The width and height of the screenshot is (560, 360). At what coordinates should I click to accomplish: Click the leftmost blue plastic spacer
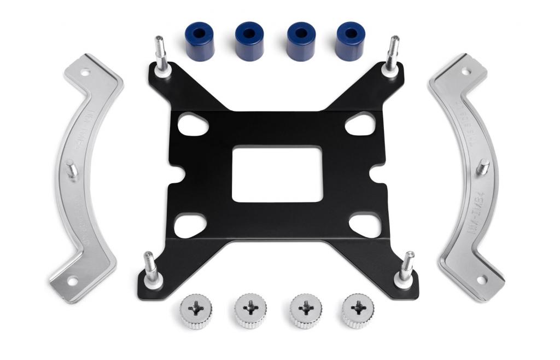tap(200, 41)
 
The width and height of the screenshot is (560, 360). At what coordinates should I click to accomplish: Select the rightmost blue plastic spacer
tap(350, 41)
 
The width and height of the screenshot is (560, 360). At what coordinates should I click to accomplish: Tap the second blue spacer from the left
tap(249, 41)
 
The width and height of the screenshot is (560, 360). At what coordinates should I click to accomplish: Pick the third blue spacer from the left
tap(301, 41)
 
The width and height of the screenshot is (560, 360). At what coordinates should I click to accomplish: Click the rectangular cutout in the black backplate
tap(276, 173)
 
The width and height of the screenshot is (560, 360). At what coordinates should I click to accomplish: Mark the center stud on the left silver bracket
tap(71, 170)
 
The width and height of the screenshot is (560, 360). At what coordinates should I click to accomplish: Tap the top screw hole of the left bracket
tap(85, 72)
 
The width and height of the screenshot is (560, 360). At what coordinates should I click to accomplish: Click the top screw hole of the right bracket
tap(465, 71)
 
